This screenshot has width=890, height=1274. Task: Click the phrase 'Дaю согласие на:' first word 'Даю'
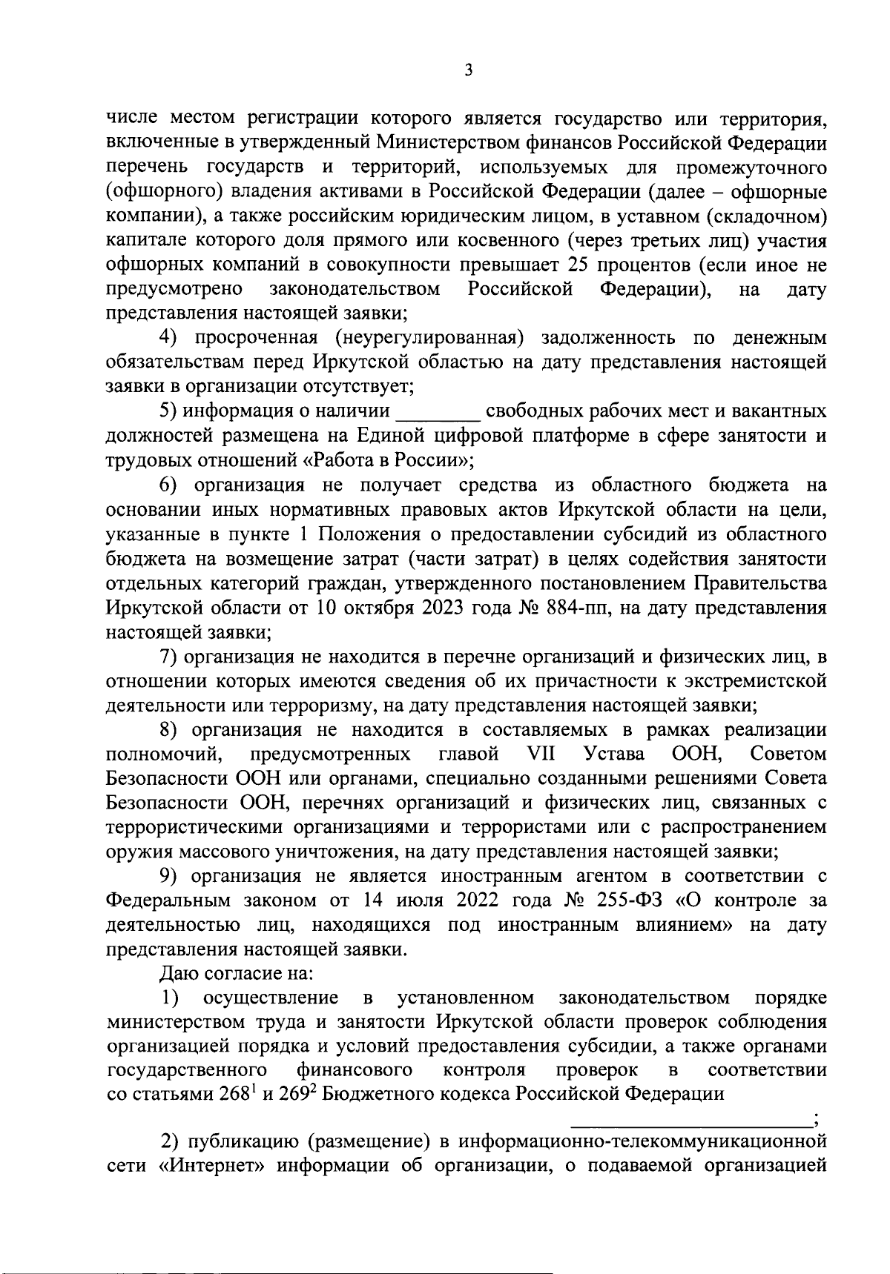(x=177, y=974)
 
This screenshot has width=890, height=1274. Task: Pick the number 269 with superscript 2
(x=300, y=1095)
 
